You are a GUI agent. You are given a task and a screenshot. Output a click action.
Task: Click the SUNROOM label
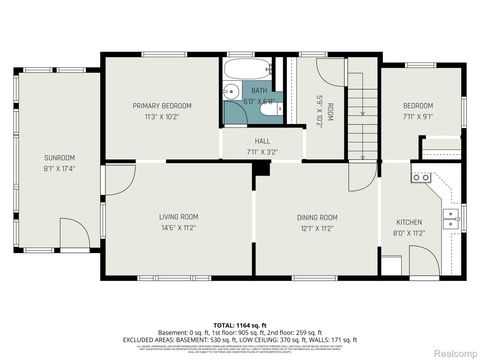[58, 157]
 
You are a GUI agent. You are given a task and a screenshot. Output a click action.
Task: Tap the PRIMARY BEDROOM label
[162, 105]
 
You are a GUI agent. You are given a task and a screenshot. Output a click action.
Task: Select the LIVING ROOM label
[178, 216]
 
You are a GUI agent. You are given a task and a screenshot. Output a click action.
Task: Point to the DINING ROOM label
[316, 217]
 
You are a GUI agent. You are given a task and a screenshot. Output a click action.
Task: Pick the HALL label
[262, 142]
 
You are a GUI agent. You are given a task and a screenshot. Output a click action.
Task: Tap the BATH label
[259, 91]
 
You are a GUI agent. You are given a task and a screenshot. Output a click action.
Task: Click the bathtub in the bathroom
[245, 70]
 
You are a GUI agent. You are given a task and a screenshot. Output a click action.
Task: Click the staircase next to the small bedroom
[363, 110]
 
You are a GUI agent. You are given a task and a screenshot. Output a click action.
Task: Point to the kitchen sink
[452, 214]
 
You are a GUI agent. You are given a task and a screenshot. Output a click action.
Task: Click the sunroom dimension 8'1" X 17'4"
[58, 168]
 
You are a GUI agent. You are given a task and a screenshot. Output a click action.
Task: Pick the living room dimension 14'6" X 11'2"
[178, 227]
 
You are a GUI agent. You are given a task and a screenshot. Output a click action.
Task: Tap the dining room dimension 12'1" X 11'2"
[316, 228]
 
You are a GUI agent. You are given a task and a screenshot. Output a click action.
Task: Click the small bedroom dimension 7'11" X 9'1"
[418, 116]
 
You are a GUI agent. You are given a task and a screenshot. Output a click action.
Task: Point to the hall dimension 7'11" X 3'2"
[262, 153]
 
